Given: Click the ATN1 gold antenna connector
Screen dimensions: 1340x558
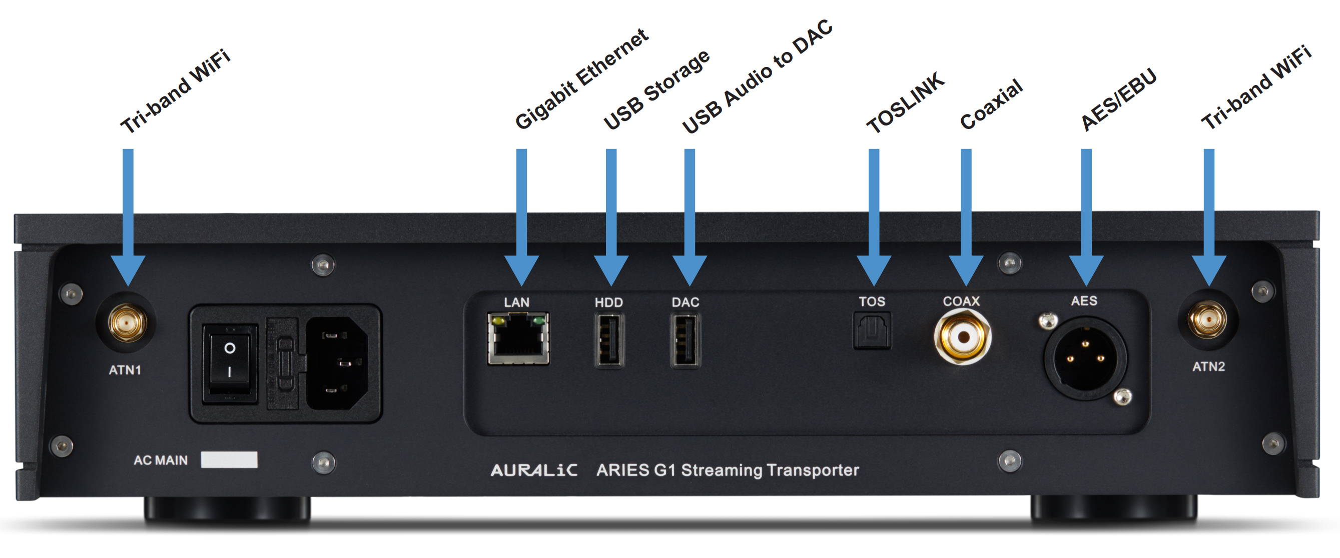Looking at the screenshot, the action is pos(128,323).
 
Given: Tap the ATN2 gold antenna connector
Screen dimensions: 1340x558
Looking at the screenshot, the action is pos(1209,319).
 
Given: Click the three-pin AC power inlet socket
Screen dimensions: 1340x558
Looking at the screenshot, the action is pos(338,363).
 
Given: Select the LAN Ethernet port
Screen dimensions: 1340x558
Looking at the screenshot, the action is pos(518,338).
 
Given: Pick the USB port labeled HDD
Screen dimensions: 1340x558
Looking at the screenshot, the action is pos(609,340).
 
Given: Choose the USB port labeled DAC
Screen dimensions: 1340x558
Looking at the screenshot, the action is pos(686,340).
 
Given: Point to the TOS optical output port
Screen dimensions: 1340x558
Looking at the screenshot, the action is pos(872,330).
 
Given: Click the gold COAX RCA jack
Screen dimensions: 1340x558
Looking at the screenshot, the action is pos(962,336).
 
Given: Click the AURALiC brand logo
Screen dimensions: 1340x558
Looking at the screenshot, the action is pos(534,470).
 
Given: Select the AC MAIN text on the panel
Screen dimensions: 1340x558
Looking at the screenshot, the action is pos(160,460).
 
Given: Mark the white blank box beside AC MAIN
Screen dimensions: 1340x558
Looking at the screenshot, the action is pos(229,459).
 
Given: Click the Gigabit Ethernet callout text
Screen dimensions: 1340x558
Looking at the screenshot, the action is pos(581,78).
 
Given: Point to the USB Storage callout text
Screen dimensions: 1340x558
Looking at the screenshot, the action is pos(656,89).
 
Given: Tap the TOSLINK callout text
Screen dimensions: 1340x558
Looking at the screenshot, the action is pos(905,102).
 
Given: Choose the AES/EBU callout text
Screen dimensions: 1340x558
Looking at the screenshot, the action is pos(1119,99).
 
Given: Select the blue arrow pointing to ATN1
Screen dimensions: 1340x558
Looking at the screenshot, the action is pos(128,217).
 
